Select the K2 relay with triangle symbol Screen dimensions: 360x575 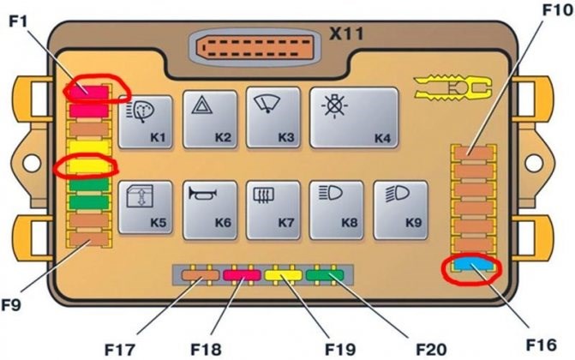coord(210,121)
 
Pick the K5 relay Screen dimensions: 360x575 coord(147,207)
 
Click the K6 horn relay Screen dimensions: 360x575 coord(210,207)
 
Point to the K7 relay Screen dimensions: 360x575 coord(273,207)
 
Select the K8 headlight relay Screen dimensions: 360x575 coord(336,207)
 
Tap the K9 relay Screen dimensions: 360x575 coord(400,207)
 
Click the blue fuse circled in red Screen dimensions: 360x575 coord(472,267)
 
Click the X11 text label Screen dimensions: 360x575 coord(348,35)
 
